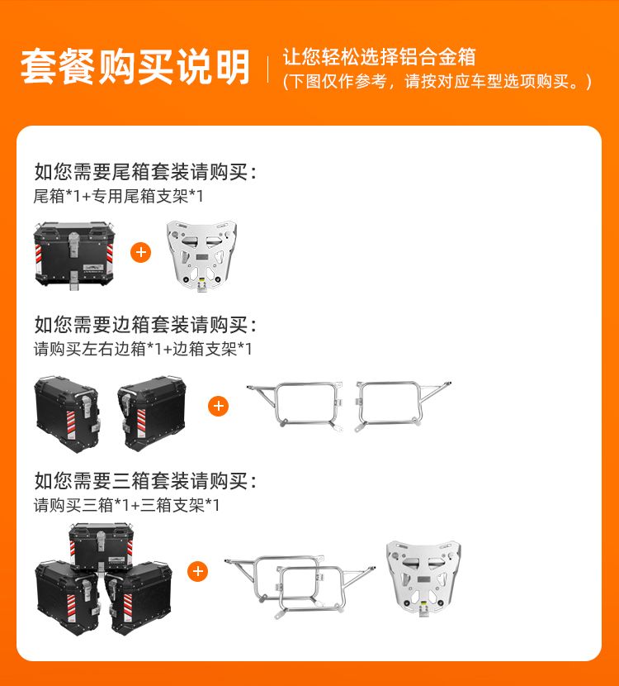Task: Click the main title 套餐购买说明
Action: coord(135,66)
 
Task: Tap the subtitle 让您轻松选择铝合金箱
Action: coord(379,57)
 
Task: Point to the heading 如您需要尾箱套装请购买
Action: coord(145,172)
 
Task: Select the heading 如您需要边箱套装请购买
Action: coord(145,325)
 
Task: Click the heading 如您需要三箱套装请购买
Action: coord(145,481)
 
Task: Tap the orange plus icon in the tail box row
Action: coord(140,252)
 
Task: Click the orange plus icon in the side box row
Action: coord(219,407)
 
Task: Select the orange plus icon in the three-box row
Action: coord(198,571)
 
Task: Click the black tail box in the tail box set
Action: coord(74,255)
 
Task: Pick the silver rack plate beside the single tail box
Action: coord(201,256)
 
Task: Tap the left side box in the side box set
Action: coord(68,414)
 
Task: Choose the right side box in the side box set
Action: coord(152,413)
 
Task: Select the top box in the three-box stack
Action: coord(102,547)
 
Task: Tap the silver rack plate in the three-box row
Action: coord(423,579)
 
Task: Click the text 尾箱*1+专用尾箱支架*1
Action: coord(118,196)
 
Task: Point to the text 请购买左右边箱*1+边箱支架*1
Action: coord(143,349)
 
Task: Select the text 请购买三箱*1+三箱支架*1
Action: coord(126,505)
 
